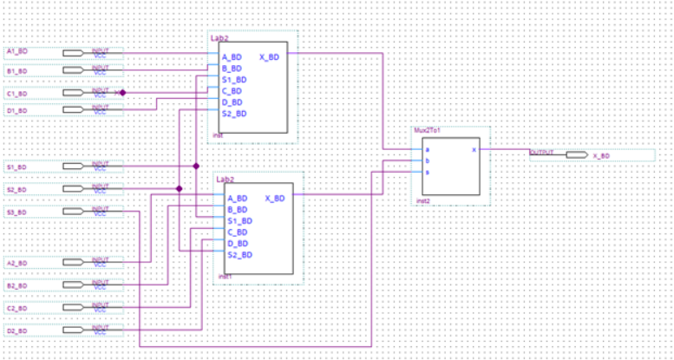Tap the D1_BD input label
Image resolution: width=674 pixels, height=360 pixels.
tap(17, 111)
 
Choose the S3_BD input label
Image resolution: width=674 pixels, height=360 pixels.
tap(17, 212)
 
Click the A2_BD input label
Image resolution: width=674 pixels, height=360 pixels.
tap(17, 263)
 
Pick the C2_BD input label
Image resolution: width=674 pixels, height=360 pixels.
tap(17, 308)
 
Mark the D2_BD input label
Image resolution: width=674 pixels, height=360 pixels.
tap(17, 331)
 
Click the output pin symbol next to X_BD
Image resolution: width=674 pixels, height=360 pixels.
tap(575, 155)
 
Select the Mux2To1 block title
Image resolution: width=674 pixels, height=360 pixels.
tap(429, 130)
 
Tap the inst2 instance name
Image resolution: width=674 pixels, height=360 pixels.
tap(423, 200)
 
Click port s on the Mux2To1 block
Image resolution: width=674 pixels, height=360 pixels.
tap(426, 172)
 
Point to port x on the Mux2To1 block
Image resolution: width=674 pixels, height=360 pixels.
tap(474, 149)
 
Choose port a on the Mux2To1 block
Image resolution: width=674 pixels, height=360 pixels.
tap(426, 149)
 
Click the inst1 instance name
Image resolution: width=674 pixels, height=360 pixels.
tap(224, 277)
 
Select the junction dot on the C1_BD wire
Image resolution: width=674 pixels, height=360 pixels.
tap(123, 92)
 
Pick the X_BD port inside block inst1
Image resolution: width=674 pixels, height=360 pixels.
tap(273, 199)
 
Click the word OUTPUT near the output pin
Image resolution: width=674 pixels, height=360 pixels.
tap(541, 151)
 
